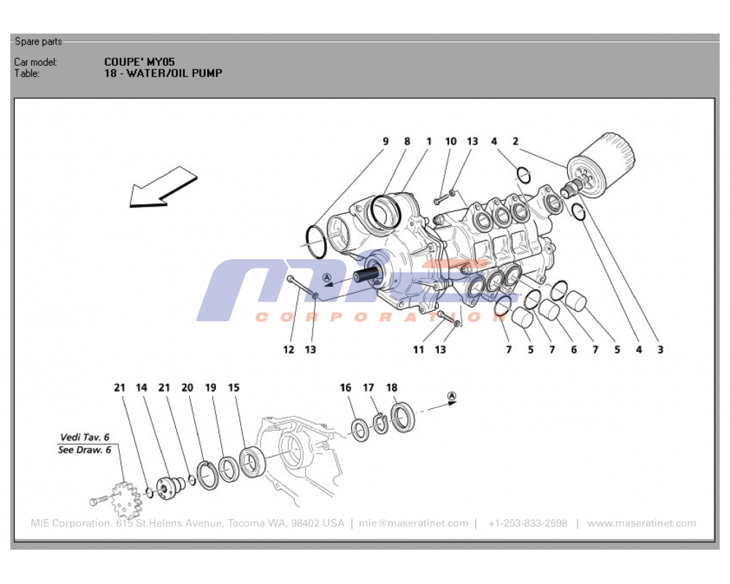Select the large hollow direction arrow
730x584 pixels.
pos(162,187)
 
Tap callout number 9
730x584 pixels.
pos(385,142)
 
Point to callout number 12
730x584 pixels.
pos(288,350)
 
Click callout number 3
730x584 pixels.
pos(660,350)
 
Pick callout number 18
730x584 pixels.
pos(392,388)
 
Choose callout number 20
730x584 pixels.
pos(187,388)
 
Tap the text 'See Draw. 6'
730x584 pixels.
pos(84,450)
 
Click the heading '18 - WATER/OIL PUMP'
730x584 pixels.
pos(163,73)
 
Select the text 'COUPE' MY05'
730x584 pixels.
pos(139,62)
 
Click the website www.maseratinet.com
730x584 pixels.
pos(641,523)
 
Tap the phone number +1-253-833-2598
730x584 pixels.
pos(527,523)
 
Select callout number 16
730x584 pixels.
pos(345,388)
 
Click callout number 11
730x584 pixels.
pos(418,350)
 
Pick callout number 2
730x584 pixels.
pos(515,142)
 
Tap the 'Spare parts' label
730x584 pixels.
pos(38,42)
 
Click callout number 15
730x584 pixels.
pos(234,388)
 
